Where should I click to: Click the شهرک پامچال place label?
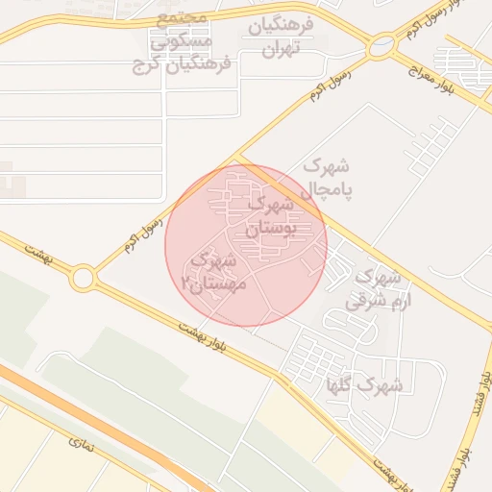(328, 179)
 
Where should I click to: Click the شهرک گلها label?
(365, 385)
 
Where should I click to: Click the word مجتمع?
(182, 21)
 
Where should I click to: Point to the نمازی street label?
(78, 445)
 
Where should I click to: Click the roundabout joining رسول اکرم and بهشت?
(83, 279)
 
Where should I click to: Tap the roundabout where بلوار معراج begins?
(382, 44)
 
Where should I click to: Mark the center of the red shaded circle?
(246, 245)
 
